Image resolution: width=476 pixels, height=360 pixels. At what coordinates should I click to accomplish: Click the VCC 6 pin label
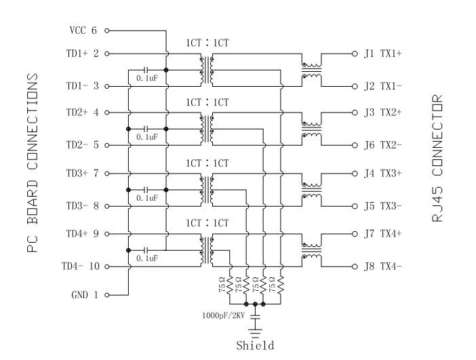click(x=84, y=31)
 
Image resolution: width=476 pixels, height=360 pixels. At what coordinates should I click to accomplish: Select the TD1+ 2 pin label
click(x=83, y=53)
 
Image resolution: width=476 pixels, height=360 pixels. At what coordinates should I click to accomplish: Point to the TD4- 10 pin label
click(x=83, y=266)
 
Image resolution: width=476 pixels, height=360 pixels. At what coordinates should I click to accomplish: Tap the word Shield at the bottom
click(x=255, y=346)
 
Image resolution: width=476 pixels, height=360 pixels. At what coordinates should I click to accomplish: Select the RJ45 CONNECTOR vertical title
click(x=437, y=160)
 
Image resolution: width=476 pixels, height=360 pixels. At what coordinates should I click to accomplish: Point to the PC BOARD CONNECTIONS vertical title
click(x=31, y=162)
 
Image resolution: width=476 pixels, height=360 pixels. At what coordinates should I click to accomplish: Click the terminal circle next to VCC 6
click(x=107, y=31)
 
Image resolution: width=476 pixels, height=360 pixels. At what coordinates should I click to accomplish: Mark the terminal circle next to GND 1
click(x=107, y=295)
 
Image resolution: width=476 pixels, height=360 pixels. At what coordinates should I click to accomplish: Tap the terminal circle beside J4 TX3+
click(x=354, y=173)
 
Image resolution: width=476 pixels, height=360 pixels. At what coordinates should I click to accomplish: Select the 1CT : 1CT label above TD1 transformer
click(x=207, y=43)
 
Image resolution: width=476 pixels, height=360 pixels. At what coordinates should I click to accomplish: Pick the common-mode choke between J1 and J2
click(x=311, y=71)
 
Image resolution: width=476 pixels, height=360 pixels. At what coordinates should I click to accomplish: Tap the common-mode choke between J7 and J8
click(x=311, y=250)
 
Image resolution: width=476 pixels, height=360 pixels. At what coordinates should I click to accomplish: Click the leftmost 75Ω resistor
click(x=231, y=285)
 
